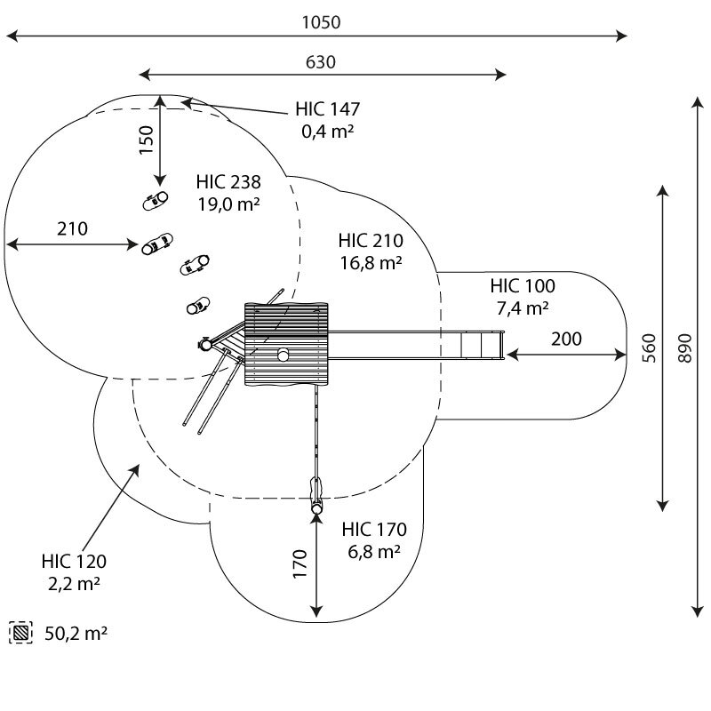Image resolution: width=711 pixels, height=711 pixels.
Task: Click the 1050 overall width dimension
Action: (x=321, y=22)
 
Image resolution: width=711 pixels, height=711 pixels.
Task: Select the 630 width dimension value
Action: (x=321, y=62)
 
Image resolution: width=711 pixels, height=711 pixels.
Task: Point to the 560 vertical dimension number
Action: (x=649, y=348)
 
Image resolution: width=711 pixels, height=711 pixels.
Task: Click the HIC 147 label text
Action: (x=327, y=109)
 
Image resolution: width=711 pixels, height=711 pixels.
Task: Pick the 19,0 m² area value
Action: (x=228, y=204)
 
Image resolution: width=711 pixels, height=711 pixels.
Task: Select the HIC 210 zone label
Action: (x=371, y=241)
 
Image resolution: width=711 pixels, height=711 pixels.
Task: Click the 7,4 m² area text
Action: (x=523, y=308)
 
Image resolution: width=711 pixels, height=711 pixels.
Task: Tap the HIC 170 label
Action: (x=374, y=529)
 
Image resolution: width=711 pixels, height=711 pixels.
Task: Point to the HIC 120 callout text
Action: (x=74, y=562)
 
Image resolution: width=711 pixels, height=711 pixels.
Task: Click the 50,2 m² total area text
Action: (x=76, y=634)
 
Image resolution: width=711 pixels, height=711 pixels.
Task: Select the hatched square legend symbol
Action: (x=20, y=633)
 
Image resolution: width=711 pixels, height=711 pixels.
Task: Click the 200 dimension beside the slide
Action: (x=566, y=340)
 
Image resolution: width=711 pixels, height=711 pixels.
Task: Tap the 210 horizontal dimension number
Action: (x=72, y=229)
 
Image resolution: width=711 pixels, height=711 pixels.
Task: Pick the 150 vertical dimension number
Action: (x=146, y=140)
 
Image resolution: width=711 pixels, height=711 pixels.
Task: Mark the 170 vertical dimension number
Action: (x=300, y=564)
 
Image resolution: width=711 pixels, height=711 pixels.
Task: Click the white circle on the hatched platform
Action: (x=284, y=355)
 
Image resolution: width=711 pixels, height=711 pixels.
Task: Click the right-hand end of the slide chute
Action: (x=503, y=346)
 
